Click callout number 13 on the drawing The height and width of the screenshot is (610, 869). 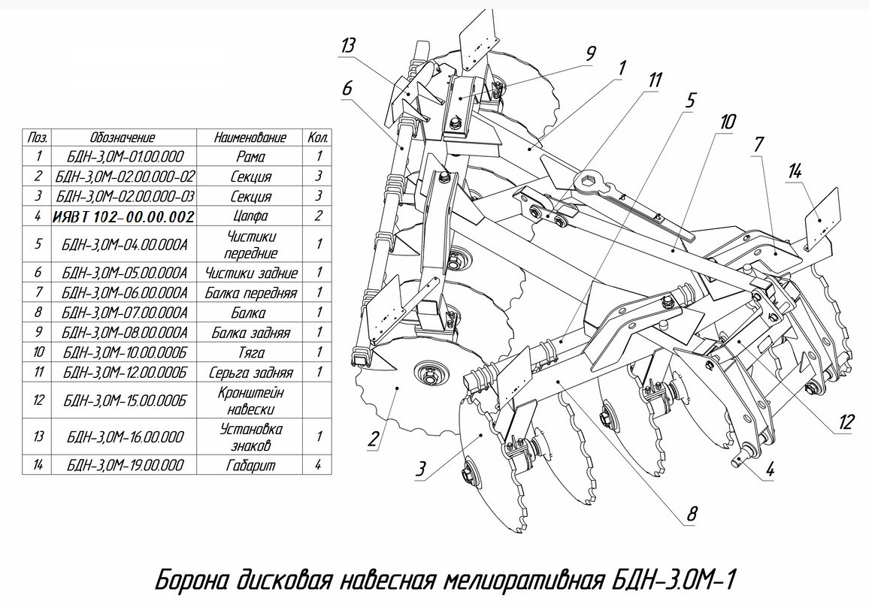click(x=347, y=46)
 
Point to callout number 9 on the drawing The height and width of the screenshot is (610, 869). click(x=590, y=53)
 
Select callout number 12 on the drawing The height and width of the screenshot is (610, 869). click(x=847, y=422)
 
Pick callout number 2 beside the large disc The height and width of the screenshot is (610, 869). click(x=373, y=438)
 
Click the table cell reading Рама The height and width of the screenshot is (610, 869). click(x=250, y=157)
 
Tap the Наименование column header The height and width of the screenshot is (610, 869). click(x=250, y=138)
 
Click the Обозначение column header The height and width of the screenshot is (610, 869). click(x=123, y=138)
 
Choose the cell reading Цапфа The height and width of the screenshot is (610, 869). click(x=250, y=216)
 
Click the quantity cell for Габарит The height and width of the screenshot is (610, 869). click(x=319, y=465)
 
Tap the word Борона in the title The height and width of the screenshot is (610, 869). click(x=189, y=581)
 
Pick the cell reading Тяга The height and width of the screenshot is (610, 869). click(x=250, y=352)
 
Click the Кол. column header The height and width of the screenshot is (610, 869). click(x=319, y=138)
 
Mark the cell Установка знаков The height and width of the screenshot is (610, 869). click(x=250, y=436)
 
